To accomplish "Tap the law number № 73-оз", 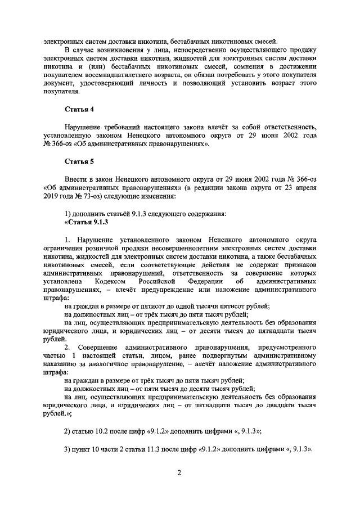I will coord(82,197).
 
